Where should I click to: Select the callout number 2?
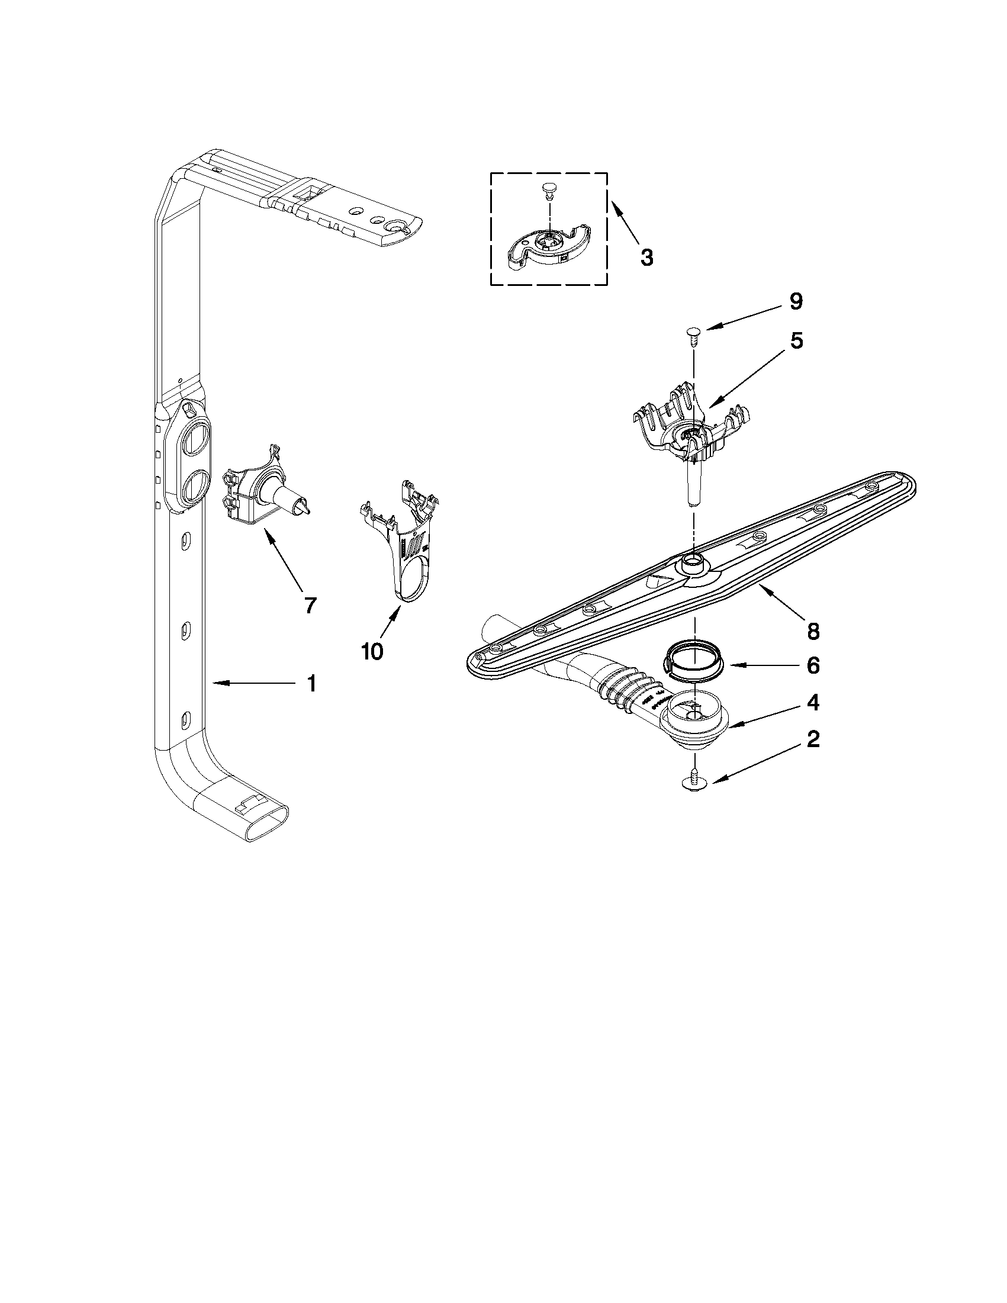[x=812, y=740]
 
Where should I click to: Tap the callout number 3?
[x=646, y=258]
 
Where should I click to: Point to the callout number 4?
[x=812, y=703]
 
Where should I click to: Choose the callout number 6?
[x=812, y=665]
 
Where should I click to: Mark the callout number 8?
[x=812, y=630]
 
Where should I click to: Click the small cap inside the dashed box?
[x=548, y=190]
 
